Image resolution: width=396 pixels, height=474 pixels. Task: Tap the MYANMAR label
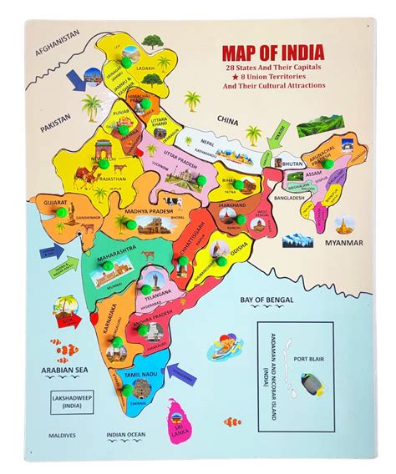point(343,243)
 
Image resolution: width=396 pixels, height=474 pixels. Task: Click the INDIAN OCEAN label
point(126,435)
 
